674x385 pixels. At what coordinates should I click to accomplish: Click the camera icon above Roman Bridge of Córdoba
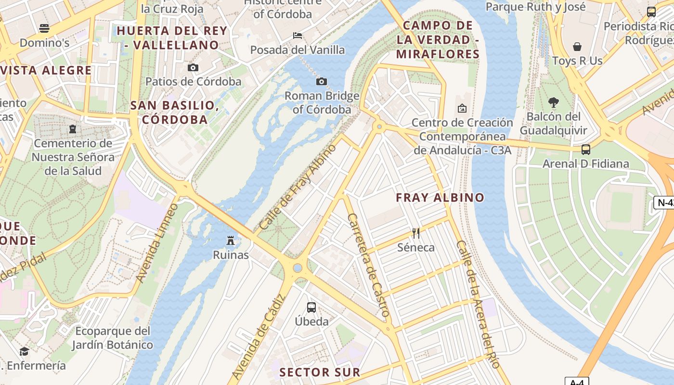tap(322, 81)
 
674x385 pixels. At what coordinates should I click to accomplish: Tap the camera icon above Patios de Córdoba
tap(193, 67)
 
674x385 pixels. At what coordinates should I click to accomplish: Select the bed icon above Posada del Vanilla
tap(298, 36)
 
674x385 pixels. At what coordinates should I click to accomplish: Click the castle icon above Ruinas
tap(231, 240)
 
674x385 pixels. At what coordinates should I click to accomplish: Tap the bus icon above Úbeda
tap(311, 307)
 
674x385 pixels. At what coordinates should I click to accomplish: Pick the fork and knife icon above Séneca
tap(416, 233)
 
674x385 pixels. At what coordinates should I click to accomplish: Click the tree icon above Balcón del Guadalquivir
tap(554, 102)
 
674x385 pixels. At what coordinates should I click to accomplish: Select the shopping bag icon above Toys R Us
tap(577, 47)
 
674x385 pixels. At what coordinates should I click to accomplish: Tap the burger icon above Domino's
tap(44, 28)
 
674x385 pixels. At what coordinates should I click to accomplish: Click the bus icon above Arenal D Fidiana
tap(586, 149)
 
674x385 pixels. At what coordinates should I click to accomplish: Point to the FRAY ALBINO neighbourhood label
tap(440, 197)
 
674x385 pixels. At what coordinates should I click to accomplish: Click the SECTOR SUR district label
tap(320, 372)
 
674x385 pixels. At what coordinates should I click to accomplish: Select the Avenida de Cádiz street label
tap(259, 336)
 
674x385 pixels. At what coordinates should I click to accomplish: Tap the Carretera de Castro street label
tap(368, 265)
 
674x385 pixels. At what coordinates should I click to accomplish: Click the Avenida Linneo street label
tap(157, 243)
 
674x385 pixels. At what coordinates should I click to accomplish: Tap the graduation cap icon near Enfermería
tap(24, 351)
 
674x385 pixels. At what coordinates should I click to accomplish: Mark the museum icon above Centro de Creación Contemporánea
tap(462, 108)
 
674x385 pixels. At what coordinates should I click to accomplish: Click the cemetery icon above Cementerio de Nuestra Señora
tap(72, 129)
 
